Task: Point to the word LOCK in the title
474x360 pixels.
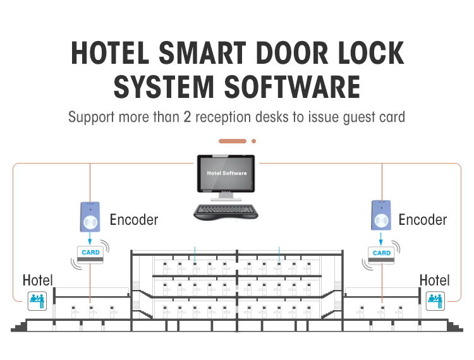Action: (370, 53)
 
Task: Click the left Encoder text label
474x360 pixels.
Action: (134, 220)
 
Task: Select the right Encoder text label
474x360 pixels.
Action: (422, 220)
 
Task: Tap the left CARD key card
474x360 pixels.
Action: (91, 254)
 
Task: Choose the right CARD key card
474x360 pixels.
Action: (382, 254)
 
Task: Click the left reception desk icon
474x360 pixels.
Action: (37, 301)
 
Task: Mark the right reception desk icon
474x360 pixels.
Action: (436, 301)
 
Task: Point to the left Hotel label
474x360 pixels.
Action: (38, 280)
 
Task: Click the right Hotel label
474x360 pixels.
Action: (435, 280)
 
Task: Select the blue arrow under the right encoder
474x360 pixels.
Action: (382, 240)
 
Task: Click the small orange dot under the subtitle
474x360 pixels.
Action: (253, 141)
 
